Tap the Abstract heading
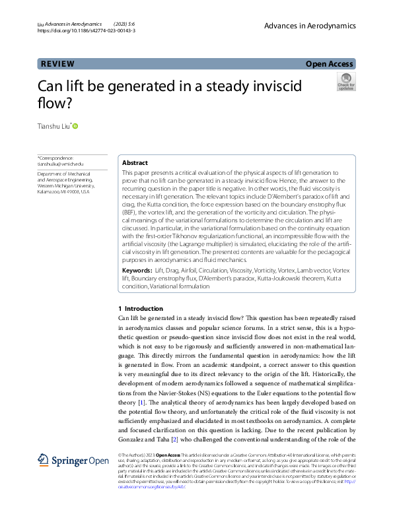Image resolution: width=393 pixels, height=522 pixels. point(135,162)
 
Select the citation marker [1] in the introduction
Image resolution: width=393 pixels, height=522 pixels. point(141,402)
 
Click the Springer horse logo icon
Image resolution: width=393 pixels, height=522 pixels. point(44,460)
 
